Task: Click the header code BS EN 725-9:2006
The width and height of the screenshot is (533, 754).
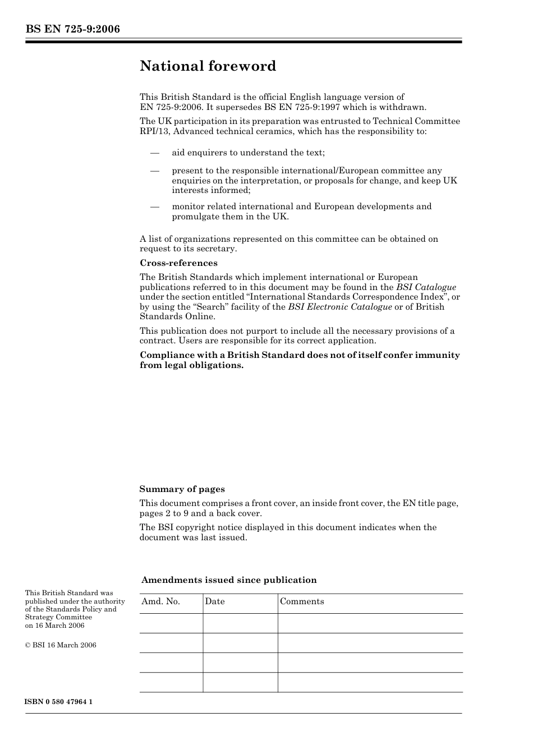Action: (72, 29)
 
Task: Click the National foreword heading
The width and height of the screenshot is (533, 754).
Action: (208, 66)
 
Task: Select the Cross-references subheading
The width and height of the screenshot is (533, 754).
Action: (178, 263)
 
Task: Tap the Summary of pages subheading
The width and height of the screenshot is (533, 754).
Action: (182, 489)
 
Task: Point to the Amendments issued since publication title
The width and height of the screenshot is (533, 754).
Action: (229, 580)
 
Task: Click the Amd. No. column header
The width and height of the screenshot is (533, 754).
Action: (160, 601)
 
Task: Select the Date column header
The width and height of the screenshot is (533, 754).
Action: (214, 601)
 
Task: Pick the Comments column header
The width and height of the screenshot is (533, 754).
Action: (302, 601)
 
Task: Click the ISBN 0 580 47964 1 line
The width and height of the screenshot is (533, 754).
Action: (59, 702)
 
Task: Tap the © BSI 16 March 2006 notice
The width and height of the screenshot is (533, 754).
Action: (61, 645)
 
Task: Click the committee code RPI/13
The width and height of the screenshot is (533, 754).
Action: (154, 131)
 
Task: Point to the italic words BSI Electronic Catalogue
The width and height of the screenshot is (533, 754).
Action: (340, 307)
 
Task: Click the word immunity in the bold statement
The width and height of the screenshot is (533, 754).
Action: (437, 355)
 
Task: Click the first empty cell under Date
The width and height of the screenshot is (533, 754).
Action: (240, 623)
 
